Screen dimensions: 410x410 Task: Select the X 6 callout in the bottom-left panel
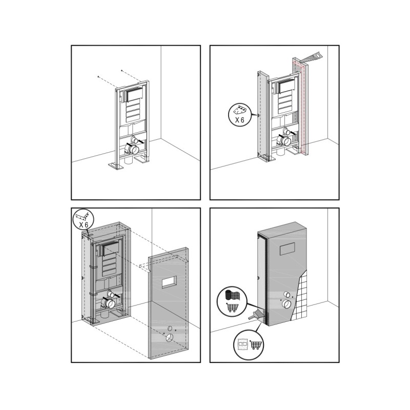[84, 220]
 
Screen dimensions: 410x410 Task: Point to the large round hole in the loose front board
[170, 338]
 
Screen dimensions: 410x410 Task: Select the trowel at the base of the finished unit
[254, 314]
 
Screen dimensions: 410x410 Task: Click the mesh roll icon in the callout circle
[233, 295]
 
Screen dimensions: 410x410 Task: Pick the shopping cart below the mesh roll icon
[232, 307]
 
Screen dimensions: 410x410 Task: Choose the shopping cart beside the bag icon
[256, 344]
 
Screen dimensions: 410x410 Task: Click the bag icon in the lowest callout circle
[243, 344]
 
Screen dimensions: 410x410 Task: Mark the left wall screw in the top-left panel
[98, 76]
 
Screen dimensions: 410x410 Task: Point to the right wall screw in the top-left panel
[122, 70]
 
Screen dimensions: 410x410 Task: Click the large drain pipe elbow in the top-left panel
[132, 149]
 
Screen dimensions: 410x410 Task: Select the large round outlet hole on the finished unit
[286, 304]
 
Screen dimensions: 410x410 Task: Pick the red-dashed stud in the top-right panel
[301, 107]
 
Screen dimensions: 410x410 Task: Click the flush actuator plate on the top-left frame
[135, 95]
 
